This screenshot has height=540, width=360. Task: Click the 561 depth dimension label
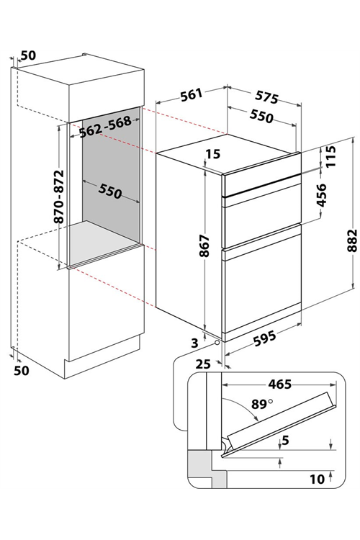[192, 95]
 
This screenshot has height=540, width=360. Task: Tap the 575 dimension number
[266, 97]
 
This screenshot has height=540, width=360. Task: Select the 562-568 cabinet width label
[105, 127]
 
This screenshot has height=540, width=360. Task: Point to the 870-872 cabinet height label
[59, 197]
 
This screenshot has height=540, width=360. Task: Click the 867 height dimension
[204, 246]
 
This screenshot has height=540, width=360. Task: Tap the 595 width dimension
[264, 338]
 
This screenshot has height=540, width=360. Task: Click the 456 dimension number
[321, 195]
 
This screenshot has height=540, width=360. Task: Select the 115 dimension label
[330, 157]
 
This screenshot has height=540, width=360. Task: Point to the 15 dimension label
[213, 154]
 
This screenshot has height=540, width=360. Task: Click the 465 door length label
[280, 384]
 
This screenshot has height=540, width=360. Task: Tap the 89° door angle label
[262, 403]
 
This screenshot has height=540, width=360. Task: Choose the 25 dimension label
[203, 364]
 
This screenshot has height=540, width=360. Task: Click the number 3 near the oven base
[194, 343]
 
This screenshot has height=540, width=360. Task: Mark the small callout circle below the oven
[216, 343]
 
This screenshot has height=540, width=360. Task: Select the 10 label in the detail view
[317, 479]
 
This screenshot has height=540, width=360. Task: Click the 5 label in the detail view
[285, 440]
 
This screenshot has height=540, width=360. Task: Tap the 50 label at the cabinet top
[28, 55]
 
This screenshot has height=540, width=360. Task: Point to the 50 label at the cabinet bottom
[22, 370]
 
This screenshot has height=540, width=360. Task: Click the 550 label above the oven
[261, 117]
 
